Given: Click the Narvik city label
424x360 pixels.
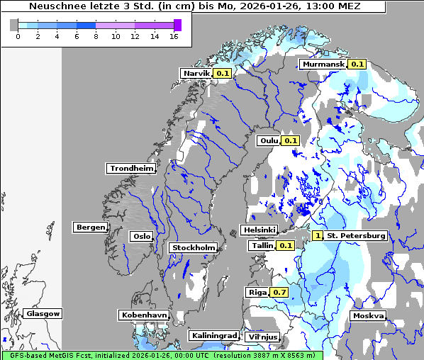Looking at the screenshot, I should (196, 73).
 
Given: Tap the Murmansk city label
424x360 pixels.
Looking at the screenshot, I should (323, 64).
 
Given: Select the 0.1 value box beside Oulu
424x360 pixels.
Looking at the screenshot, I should (291, 140).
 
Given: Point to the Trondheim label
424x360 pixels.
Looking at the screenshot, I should (131, 168).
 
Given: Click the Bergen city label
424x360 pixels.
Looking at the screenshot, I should (89, 227).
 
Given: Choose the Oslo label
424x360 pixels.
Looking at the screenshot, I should (141, 236).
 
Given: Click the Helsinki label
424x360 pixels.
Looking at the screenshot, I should (259, 230).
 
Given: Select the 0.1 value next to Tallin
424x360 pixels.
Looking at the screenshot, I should (286, 245).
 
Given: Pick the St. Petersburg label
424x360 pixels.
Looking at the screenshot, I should (356, 235).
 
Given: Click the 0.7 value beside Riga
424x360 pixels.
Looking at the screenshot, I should (279, 292).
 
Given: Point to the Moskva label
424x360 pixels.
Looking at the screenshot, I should (368, 315).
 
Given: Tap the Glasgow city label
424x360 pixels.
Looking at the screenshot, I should (43, 313).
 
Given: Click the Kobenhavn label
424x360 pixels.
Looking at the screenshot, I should (144, 314).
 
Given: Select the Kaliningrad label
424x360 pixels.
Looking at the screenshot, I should (213, 335).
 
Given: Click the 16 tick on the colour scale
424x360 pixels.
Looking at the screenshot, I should (173, 36).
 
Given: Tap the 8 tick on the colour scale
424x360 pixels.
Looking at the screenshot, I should (96, 36).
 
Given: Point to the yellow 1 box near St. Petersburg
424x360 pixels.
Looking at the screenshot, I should (318, 235).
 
